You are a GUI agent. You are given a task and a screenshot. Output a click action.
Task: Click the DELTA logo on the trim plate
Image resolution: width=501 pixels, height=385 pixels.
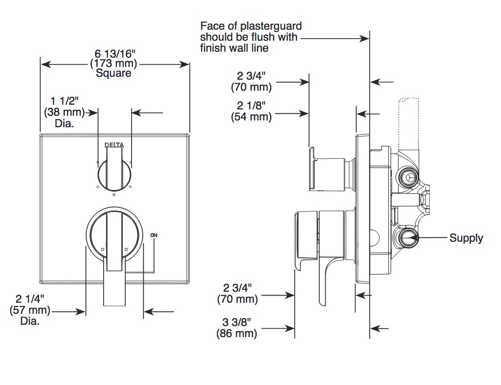click(x=114, y=146)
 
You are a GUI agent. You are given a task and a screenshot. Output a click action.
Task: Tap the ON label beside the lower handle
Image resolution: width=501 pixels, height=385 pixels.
click(x=154, y=235)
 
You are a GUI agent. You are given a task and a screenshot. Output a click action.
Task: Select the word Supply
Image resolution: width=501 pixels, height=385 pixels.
click(x=466, y=238)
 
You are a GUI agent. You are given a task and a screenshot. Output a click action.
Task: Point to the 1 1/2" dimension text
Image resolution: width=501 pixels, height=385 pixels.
click(x=64, y=102)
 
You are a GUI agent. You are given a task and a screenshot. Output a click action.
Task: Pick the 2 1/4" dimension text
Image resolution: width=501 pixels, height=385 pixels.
click(x=29, y=299)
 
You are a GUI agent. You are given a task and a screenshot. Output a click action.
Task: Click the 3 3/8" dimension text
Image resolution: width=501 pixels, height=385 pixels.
click(x=237, y=322)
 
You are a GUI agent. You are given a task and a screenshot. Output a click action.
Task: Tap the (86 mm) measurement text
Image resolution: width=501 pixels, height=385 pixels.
click(x=237, y=334)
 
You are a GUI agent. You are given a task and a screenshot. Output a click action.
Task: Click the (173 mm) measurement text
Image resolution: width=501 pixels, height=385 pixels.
click(x=113, y=64)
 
